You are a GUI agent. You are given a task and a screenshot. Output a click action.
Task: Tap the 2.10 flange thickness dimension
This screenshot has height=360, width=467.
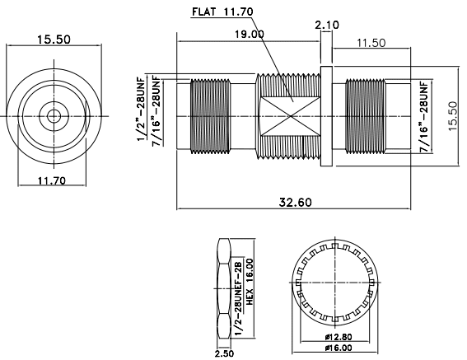[x=327, y=26]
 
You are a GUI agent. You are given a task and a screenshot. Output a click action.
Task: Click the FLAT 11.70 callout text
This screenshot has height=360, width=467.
[x=222, y=12]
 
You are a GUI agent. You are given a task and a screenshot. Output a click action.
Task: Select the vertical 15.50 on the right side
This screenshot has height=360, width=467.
[x=451, y=115]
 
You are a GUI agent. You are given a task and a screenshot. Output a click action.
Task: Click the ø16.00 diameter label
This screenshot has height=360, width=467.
[x=337, y=348]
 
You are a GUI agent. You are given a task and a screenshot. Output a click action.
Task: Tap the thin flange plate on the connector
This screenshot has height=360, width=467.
[x=326, y=115]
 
